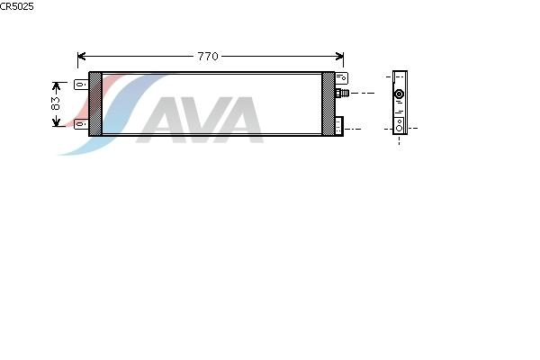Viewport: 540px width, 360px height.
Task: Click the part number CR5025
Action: click(17, 6)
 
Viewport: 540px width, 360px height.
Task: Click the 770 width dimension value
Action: click(208, 56)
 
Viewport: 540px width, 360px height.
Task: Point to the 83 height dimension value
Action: click(56, 103)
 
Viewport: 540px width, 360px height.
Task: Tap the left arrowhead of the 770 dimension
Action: click(81, 56)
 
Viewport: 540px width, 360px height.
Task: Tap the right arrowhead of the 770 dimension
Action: click(339, 56)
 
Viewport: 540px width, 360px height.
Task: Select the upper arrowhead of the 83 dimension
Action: click(57, 86)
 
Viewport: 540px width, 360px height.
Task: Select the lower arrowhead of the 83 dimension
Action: click(57, 121)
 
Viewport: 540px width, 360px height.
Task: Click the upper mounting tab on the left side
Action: click(81, 84)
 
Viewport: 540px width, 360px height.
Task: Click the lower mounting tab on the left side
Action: click(81, 123)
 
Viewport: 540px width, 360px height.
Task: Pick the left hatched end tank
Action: click(95, 103)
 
